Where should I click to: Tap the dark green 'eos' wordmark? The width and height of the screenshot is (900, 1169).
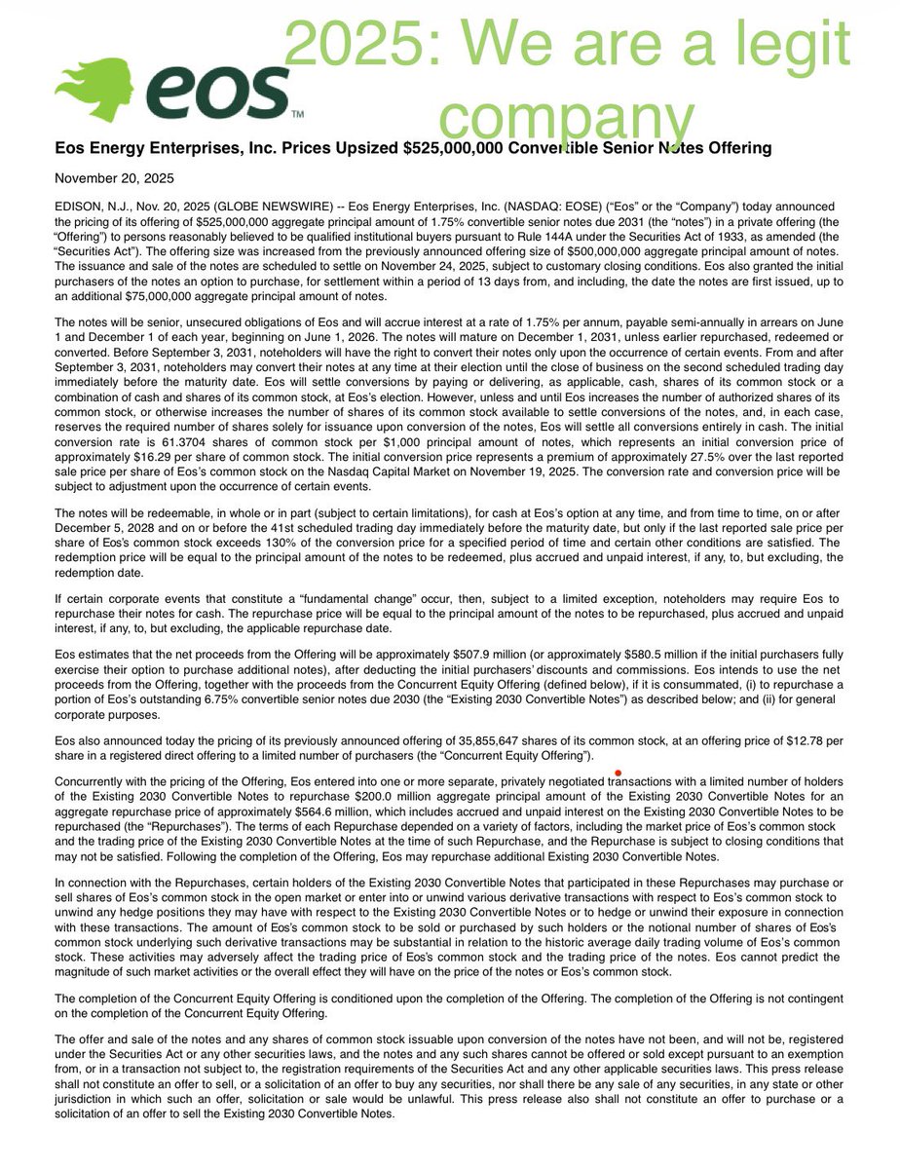[224, 92]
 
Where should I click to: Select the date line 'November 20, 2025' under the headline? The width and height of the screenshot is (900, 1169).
[115, 178]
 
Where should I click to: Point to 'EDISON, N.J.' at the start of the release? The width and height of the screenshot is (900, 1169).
[92, 207]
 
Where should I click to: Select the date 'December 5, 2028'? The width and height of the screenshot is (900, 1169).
[103, 527]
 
